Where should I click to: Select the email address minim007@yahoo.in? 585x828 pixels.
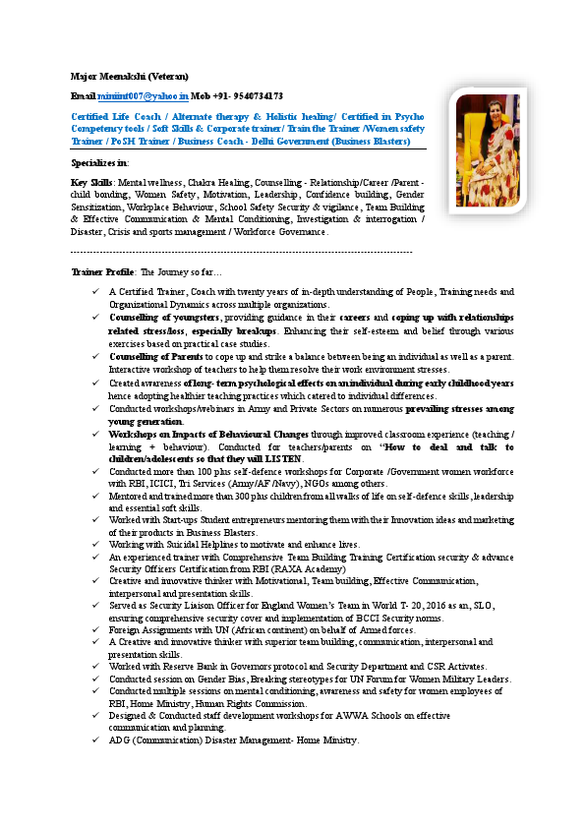(x=143, y=96)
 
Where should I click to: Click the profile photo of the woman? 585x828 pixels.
(x=488, y=150)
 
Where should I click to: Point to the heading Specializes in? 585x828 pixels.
(x=99, y=161)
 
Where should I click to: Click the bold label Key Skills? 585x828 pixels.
(x=92, y=183)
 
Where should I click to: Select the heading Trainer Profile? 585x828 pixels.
(x=103, y=270)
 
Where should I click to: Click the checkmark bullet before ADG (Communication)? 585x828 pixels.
(x=94, y=740)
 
